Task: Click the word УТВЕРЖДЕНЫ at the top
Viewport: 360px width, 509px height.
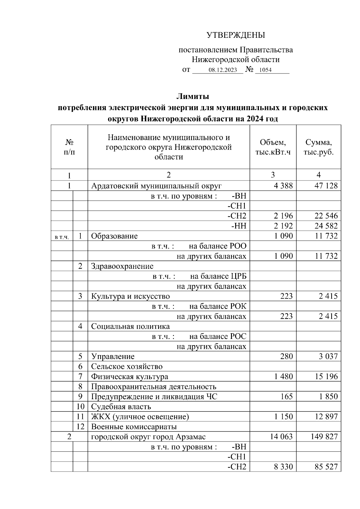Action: tap(236, 35)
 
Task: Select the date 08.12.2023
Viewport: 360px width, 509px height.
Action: tap(223, 70)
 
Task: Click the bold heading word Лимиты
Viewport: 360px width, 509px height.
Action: tap(192, 97)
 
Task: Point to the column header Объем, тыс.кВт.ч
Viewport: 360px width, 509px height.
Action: tap(273, 147)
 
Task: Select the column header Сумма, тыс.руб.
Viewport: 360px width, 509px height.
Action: tap(318, 147)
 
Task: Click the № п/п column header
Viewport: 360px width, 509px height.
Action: tap(69, 147)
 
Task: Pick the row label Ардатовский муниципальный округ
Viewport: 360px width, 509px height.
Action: tap(156, 186)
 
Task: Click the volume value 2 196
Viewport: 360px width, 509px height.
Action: tap(283, 216)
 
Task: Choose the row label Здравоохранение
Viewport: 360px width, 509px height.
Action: tap(122, 266)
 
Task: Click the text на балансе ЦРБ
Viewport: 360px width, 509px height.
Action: tap(218, 276)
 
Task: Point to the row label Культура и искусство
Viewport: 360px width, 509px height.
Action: tap(130, 296)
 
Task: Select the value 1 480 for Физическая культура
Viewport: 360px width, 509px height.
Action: tap(283, 377)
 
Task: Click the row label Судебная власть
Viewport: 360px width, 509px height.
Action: tap(121, 407)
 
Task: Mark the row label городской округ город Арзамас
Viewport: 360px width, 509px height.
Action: tap(148, 437)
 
